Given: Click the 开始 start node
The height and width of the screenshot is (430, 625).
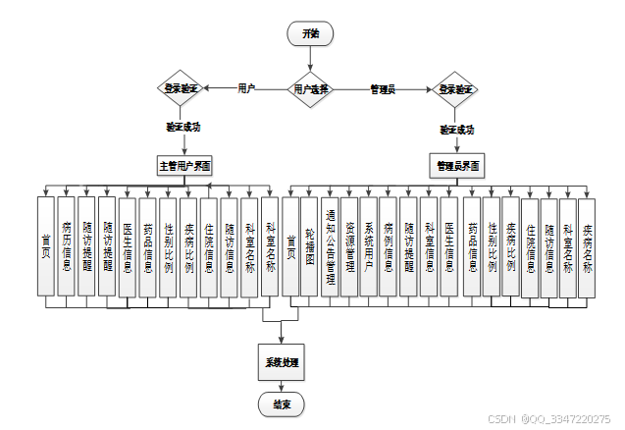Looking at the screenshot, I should click(310, 32).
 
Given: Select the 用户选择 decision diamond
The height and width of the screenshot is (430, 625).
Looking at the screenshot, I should click(310, 88).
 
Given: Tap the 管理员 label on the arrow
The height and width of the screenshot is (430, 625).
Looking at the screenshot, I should click(382, 89).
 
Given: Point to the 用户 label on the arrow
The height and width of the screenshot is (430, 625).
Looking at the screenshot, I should click(246, 88).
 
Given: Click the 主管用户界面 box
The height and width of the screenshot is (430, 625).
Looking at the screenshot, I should click(185, 165).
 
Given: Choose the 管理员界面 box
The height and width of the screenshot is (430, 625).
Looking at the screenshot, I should click(456, 166).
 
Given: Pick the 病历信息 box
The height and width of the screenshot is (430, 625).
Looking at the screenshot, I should click(66, 245).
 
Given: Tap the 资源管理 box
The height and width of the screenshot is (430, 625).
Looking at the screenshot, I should click(349, 245).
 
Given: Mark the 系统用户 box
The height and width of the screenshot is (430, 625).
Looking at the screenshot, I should click(369, 245).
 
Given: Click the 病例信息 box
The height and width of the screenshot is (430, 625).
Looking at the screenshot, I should click(389, 245).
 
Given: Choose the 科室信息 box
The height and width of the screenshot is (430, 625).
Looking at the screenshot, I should click(429, 245).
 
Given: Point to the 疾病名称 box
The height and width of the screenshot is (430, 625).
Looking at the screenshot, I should click(587, 245).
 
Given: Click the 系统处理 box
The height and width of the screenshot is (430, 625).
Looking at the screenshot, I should click(282, 362).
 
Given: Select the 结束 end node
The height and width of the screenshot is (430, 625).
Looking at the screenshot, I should click(282, 403).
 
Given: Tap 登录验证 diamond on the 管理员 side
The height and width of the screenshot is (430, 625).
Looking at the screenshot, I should click(456, 88).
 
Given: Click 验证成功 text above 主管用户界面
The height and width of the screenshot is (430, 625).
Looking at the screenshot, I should click(182, 127).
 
